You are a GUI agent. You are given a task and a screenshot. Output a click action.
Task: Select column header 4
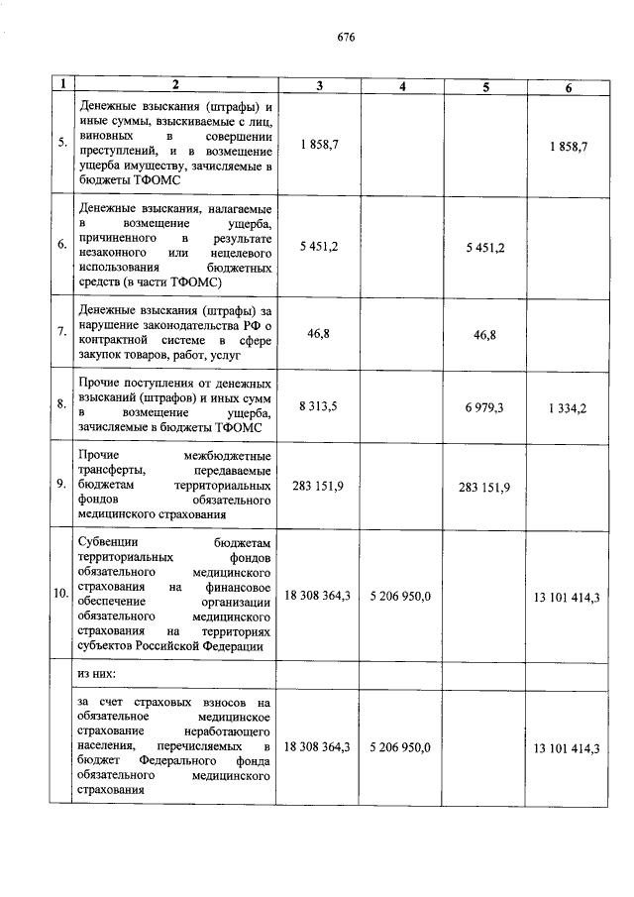pos(402,87)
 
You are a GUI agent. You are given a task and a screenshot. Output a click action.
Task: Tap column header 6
pos(568,87)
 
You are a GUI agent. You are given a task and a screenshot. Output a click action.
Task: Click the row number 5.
pos(61,144)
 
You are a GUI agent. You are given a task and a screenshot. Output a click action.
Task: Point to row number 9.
pos(61,486)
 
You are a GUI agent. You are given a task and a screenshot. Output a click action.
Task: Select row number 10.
pos(61,596)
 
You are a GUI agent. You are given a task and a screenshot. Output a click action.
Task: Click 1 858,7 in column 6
pos(568,146)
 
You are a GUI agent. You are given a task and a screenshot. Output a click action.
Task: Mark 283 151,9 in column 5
pos(485,488)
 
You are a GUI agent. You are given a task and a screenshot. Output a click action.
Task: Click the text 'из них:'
pos(97,672)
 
